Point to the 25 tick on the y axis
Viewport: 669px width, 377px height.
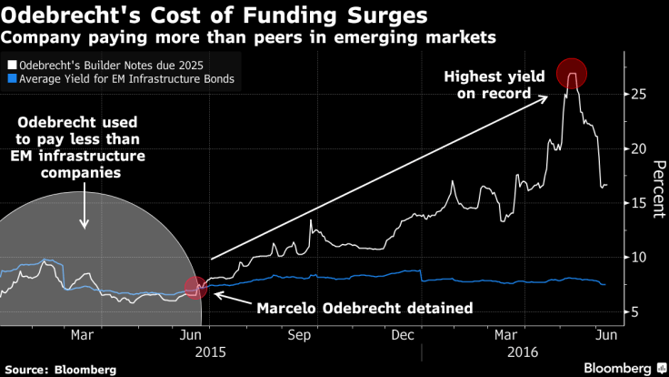coord(638,94)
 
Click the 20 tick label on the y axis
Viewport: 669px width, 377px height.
coord(638,148)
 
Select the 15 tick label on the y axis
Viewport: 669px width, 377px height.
coord(638,203)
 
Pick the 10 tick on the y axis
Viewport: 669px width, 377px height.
coord(638,258)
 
